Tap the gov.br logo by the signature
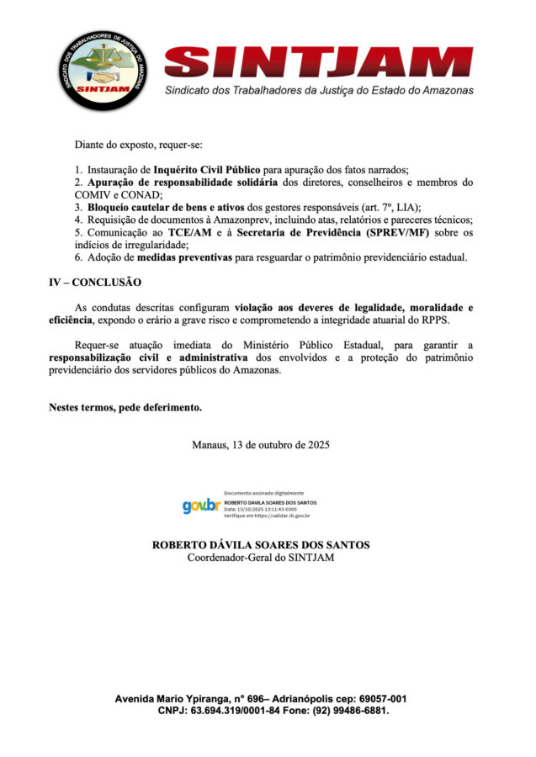click(x=201, y=506)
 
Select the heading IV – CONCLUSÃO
click(x=95, y=282)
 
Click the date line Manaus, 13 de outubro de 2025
click(x=260, y=444)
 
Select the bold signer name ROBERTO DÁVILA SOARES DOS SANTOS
click(x=260, y=545)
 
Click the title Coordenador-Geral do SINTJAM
click(x=260, y=558)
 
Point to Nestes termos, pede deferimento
click(x=125, y=408)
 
